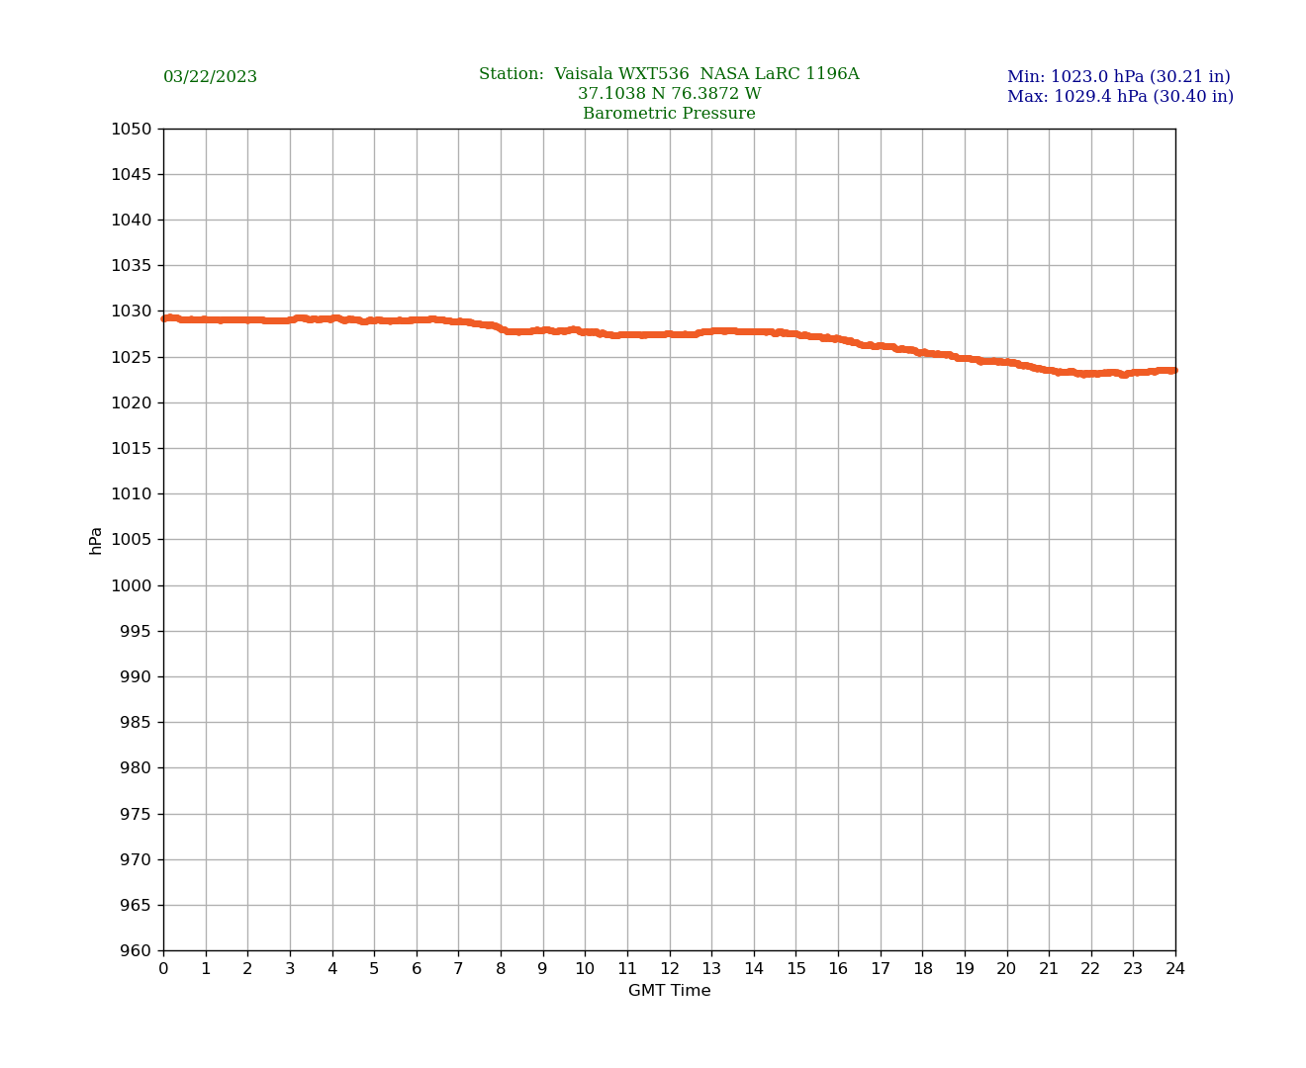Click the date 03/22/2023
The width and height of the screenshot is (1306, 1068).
point(210,77)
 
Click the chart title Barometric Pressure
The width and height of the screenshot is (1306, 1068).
point(669,114)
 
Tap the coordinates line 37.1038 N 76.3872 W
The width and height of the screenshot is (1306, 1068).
point(669,94)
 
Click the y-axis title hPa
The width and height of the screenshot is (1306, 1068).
point(96,540)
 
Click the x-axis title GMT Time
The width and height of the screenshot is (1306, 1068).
point(669,991)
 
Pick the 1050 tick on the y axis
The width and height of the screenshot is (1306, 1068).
point(132,129)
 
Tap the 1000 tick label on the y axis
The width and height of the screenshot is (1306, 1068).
point(132,585)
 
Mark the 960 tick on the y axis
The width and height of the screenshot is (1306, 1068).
point(136,951)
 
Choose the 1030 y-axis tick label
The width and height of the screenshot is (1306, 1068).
point(132,311)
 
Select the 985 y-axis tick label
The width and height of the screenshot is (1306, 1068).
point(136,723)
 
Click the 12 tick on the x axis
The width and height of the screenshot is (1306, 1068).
point(670,969)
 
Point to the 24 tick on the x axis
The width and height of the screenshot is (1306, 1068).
point(1175,969)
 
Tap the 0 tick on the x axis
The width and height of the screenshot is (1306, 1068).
point(163,969)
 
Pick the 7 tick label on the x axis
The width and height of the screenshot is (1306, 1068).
point(458,969)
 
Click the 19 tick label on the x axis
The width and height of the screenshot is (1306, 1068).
point(965,969)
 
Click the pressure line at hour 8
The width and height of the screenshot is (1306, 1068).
point(501,328)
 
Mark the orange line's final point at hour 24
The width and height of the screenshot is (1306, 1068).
point(1173,370)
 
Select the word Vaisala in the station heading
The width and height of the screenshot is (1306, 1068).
point(585,74)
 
